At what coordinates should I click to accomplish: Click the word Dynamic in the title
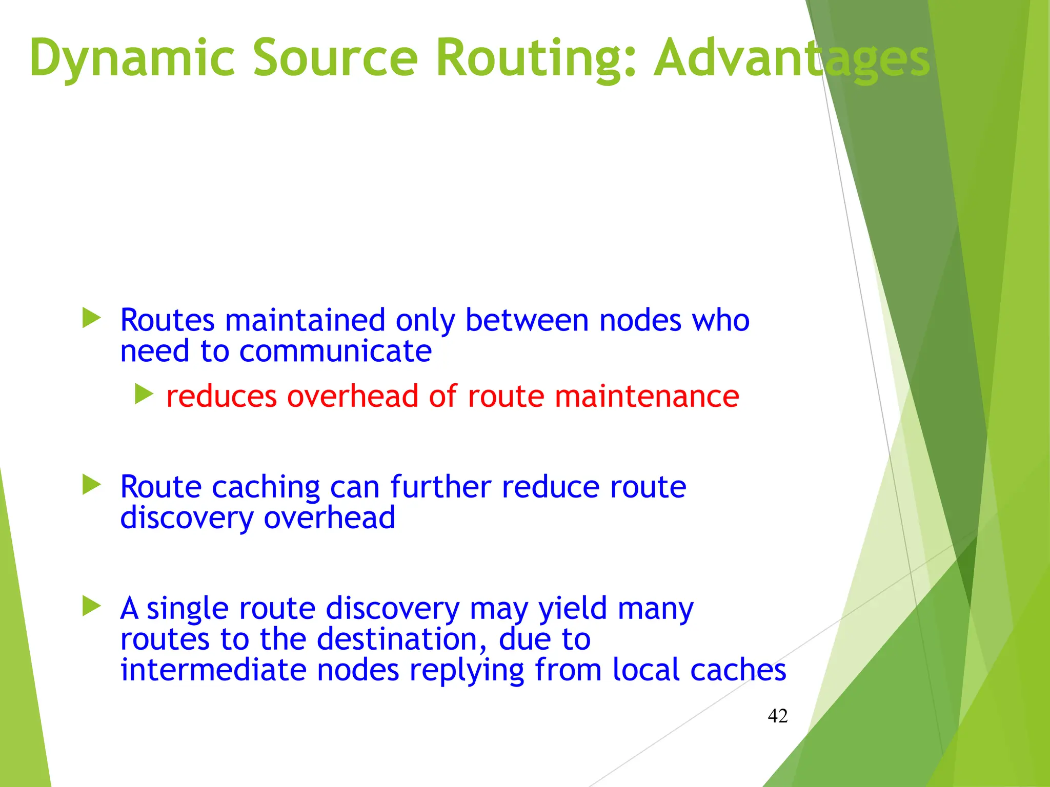point(132,57)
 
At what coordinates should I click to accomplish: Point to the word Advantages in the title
point(792,57)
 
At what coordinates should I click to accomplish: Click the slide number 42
point(777,716)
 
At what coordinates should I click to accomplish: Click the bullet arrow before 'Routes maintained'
point(91,318)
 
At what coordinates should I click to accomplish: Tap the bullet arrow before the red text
point(144,395)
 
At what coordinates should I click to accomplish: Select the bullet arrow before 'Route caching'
point(91,485)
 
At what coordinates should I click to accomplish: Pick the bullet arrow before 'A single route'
point(91,606)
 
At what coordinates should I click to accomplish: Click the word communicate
point(335,351)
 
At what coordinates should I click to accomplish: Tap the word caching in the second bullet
point(266,487)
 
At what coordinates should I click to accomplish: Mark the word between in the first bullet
point(527,320)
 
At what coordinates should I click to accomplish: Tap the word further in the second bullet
point(440,487)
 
